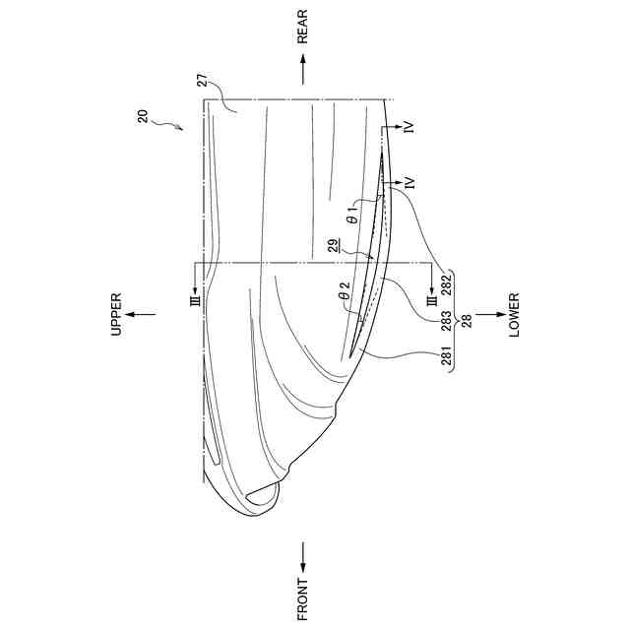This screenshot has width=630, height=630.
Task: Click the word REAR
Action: (x=302, y=27)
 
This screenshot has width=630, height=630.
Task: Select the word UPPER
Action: (x=116, y=314)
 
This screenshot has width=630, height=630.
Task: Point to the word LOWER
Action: (x=514, y=315)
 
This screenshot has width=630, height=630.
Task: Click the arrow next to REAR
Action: (x=303, y=70)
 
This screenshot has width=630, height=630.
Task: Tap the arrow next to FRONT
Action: (x=303, y=557)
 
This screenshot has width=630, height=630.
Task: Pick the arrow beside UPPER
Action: (x=140, y=314)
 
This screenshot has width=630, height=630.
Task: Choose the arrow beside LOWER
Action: (x=490, y=314)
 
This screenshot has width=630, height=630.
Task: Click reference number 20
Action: (x=143, y=116)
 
